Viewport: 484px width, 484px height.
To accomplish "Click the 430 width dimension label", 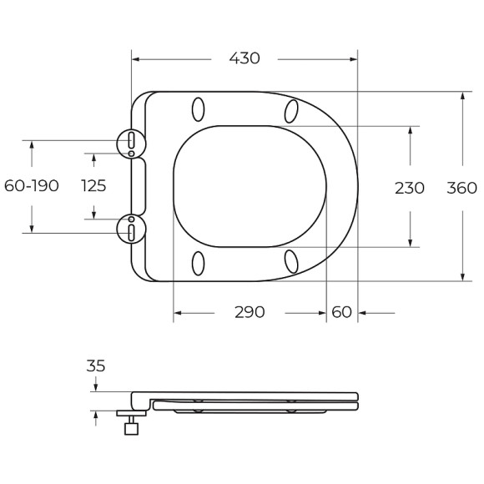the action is (245, 58).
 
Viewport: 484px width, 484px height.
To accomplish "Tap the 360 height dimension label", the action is (461, 188).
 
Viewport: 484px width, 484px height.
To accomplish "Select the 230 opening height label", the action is (410, 188).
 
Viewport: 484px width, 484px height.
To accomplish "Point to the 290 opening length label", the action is (250, 312).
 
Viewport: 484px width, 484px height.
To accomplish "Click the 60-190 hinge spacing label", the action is (32, 186).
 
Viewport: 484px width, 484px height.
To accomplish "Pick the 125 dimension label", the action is (93, 186).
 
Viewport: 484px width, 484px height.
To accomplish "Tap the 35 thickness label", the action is (96, 366).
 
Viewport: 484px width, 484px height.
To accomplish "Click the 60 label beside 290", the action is (341, 312).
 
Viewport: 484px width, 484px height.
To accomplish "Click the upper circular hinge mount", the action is (131, 144).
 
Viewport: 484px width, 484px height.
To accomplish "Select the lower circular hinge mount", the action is (131, 229).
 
